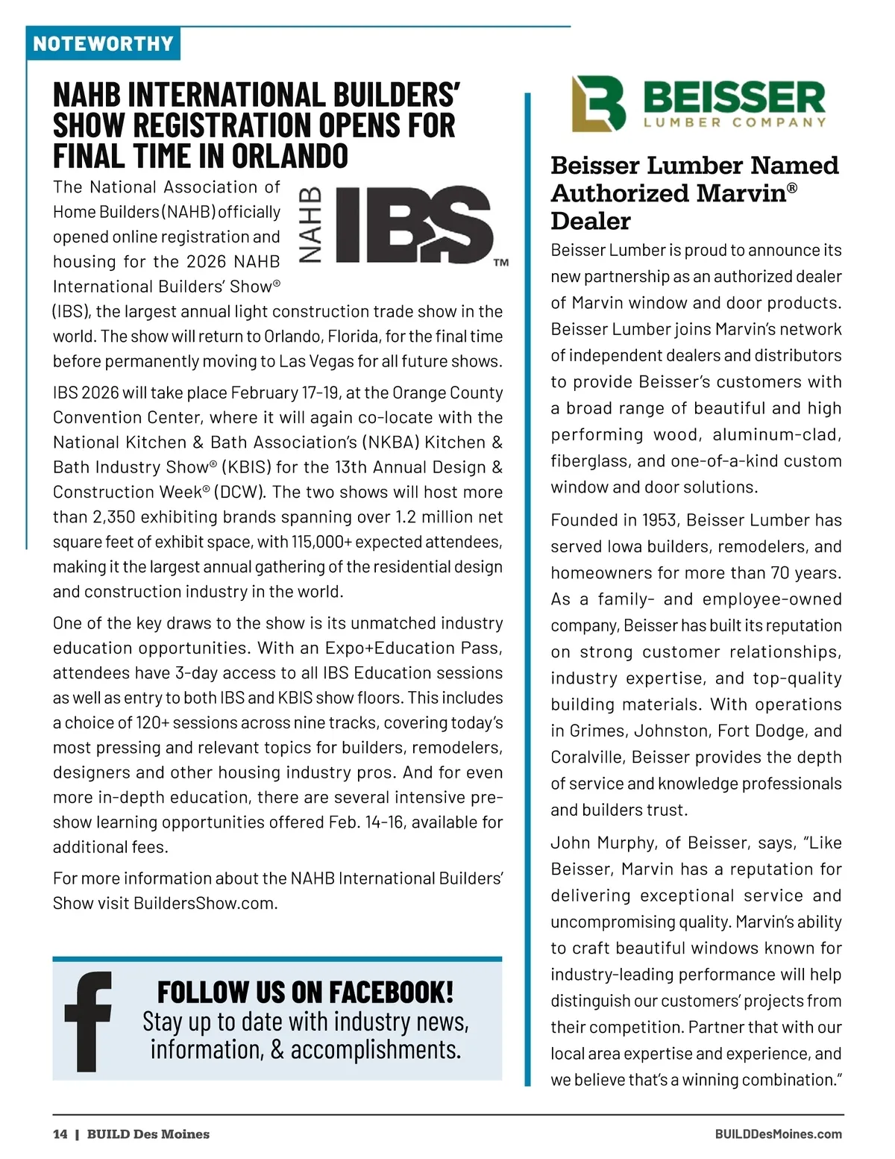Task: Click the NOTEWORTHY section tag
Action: (x=103, y=44)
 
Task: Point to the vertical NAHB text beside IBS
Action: (x=310, y=225)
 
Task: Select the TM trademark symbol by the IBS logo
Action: (x=501, y=263)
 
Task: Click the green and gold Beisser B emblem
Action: (x=598, y=103)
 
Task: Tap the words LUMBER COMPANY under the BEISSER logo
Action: (x=735, y=122)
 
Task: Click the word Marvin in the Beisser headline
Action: (x=741, y=193)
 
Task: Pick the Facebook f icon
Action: (x=88, y=1021)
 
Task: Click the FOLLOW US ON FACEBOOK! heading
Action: (x=305, y=992)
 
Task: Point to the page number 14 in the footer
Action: (x=60, y=1134)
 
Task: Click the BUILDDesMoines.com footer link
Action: (x=778, y=1134)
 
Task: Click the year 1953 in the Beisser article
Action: (x=657, y=520)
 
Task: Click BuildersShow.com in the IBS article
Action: (x=204, y=903)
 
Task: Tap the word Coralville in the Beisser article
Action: (x=587, y=757)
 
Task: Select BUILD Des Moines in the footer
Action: (x=148, y=1134)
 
